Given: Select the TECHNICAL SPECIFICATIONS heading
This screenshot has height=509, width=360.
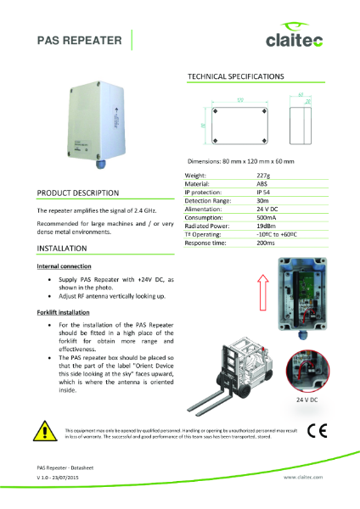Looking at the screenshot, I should [235, 76].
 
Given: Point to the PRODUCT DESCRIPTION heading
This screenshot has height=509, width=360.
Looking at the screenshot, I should [77, 193].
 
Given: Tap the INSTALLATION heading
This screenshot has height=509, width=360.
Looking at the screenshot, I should [61, 249].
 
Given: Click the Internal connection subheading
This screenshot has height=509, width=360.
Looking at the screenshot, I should [65, 266].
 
